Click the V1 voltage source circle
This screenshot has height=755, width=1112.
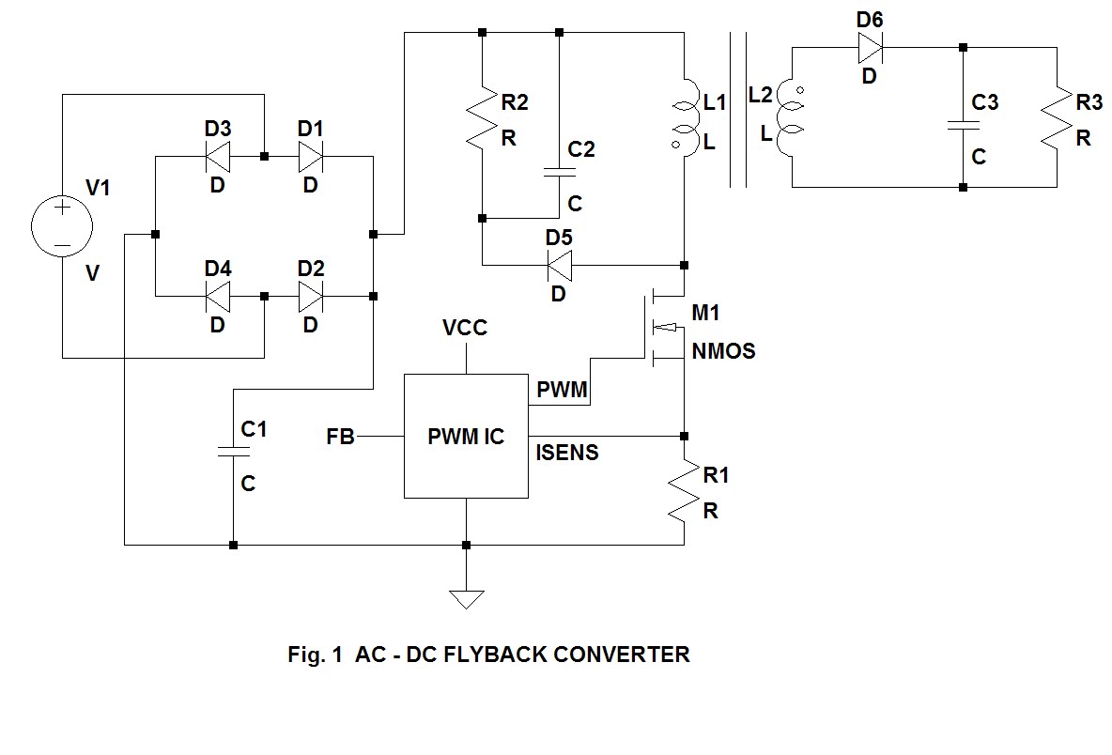point(62,227)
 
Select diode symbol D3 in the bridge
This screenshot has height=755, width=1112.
point(218,156)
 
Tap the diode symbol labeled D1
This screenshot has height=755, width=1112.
point(311,156)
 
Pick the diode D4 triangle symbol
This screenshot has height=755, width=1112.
point(218,296)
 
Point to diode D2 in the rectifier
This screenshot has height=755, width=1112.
point(311,296)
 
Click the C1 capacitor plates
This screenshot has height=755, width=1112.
point(232,451)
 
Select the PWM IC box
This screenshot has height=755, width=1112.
point(466,437)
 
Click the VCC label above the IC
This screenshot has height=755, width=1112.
point(465,328)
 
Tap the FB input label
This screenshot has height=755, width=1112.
point(340,437)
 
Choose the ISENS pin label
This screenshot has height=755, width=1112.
point(567,454)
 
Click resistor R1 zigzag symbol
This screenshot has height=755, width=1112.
point(684,490)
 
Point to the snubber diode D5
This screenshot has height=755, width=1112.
point(559,265)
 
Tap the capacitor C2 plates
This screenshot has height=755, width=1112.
point(559,172)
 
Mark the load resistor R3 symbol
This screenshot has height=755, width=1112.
point(1058,117)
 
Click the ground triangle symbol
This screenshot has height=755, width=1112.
point(466,598)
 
